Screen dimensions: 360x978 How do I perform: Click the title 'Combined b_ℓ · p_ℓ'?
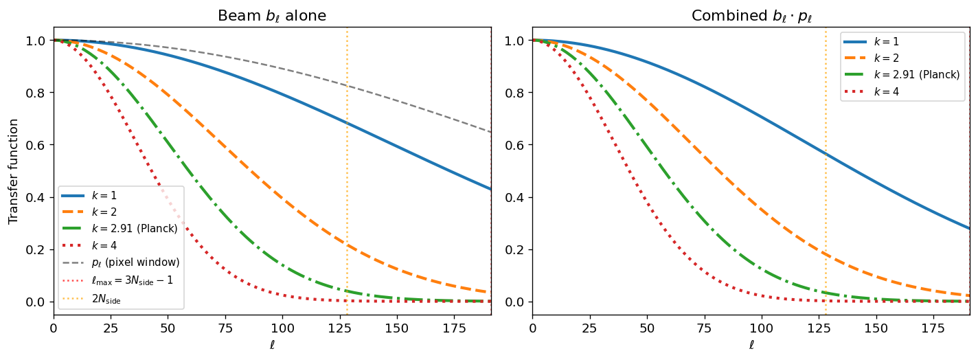pos(751,15)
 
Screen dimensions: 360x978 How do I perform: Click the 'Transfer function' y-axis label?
pos(14,171)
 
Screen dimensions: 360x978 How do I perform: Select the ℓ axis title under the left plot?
pos(272,346)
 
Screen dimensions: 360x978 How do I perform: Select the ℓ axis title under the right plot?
pos(751,346)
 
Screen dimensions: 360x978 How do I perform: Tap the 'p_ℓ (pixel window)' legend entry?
pos(135,263)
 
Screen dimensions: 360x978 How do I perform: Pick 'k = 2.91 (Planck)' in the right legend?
pos(915,74)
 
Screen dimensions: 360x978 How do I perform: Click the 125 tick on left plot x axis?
pos(339,328)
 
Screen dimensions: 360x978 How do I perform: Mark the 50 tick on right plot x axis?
pos(647,328)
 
